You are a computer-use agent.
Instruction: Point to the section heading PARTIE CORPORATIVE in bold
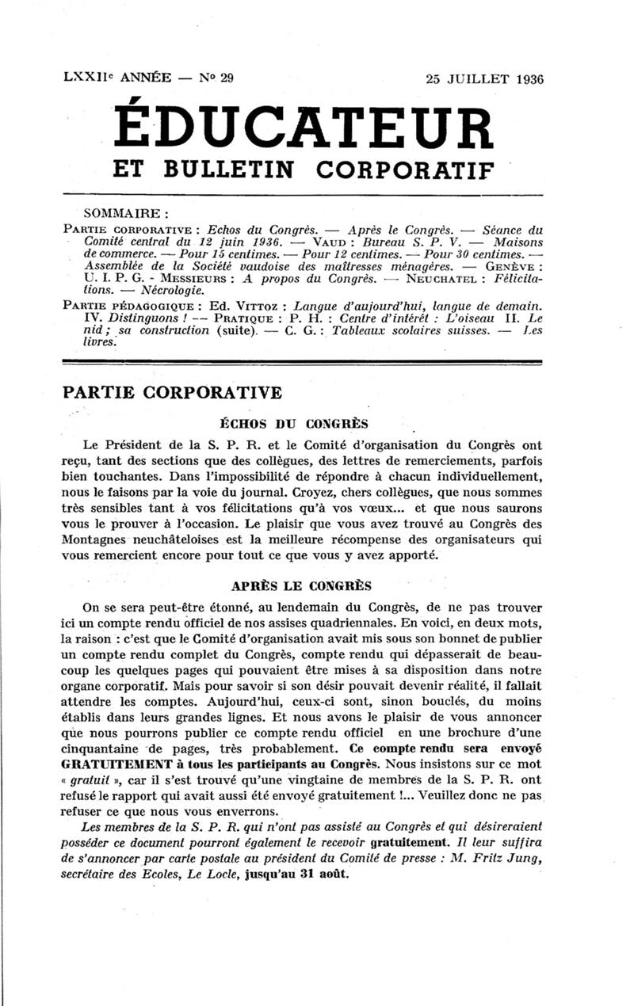171,392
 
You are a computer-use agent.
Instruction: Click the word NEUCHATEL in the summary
438,279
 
